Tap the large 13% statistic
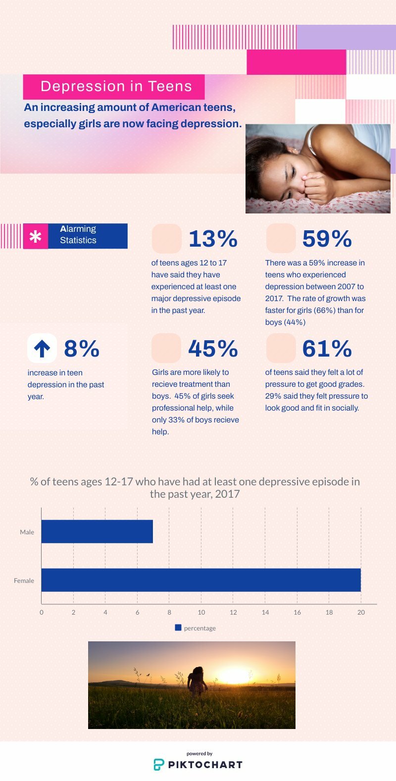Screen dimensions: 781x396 click(213, 239)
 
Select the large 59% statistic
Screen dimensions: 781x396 click(327, 239)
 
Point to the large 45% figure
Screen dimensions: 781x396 click(213, 349)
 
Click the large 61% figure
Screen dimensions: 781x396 click(327, 349)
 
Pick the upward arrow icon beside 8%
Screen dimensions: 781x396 click(42, 349)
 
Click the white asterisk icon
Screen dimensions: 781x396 click(36, 237)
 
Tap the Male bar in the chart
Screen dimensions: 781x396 click(97, 532)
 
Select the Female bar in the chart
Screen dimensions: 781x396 click(201, 580)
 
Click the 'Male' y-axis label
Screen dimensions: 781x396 click(27, 532)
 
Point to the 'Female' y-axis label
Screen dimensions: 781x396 click(24, 580)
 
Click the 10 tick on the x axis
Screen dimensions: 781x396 click(201, 613)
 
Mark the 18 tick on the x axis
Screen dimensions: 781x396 click(329, 613)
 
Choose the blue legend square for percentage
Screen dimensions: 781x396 click(178, 627)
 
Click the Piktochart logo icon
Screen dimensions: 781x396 click(158, 764)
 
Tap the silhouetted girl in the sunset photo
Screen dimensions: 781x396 click(198, 680)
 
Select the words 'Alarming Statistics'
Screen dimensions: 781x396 click(78, 235)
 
